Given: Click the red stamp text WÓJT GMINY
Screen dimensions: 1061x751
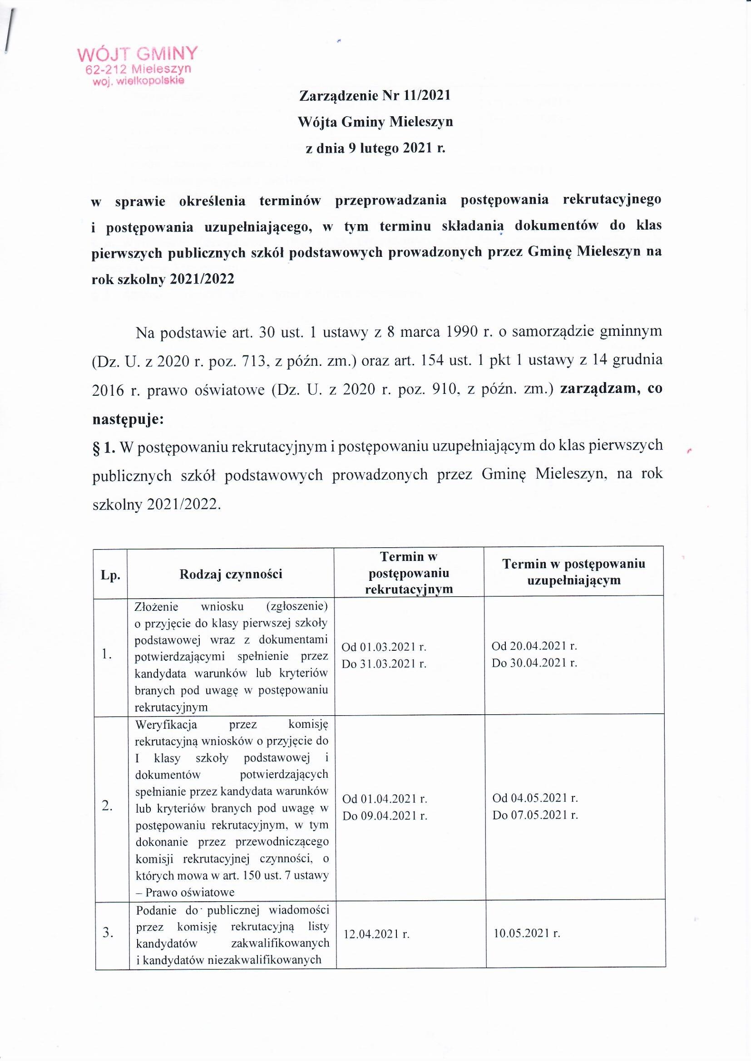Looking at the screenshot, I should [x=137, y=54].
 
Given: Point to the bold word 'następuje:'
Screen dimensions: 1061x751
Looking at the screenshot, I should [x=127, y=420].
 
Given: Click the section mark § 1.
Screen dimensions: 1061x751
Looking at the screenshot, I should [x=104, y=447].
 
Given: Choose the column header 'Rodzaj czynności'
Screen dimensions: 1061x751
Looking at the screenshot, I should [x=231, y=575].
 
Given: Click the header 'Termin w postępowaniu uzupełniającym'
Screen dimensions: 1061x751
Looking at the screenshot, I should [x=574, y=572].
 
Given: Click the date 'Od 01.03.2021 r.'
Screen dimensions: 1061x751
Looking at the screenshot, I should [x=384, y=647].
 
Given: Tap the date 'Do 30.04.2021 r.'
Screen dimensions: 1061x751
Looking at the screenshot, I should [x=534, y=663].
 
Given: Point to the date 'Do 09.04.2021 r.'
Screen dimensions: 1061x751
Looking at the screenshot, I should [x=385, y=816].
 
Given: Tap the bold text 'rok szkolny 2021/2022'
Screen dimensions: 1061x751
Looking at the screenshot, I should [x=163, y=279].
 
